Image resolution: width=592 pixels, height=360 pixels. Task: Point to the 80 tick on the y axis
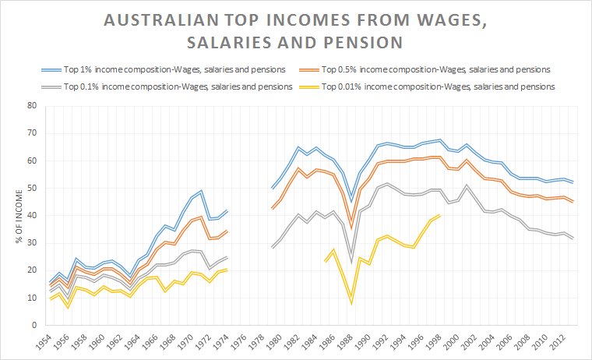coord(32,105)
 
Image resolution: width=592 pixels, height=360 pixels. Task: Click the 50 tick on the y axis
coord(32,188)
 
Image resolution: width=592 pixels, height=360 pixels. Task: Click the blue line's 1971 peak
coord(202,190)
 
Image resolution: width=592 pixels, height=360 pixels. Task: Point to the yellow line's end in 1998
coord(439,215)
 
